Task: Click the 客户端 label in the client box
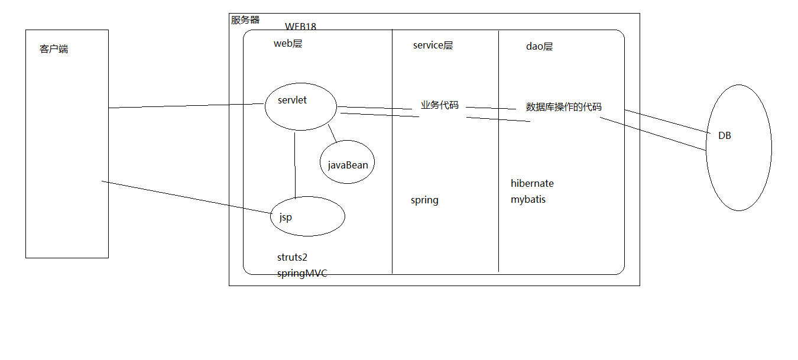click(54, 49)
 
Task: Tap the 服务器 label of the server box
click(245, 20)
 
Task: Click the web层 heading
click(288, 44)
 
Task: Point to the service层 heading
click(433, 46)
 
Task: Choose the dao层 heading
click(539, 47)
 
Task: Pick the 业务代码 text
click(439, 105)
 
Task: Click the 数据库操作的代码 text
click(563, 107)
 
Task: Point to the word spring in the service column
click(424, 200)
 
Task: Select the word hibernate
click(532, 183)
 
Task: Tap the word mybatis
click(528, 200)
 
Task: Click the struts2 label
click(292, 257)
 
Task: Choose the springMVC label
click(302, 274)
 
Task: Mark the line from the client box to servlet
click(186, 106)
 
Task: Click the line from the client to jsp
click(186, 196)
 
